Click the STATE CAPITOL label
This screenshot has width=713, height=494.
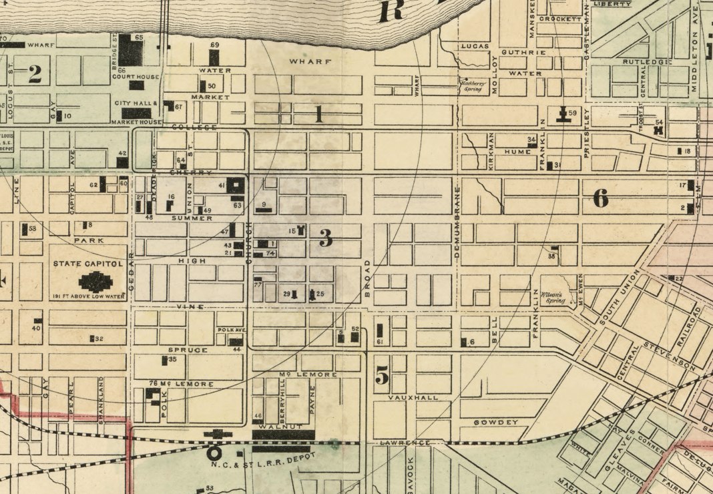pos(89,264)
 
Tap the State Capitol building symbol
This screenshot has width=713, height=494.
pos(95,281)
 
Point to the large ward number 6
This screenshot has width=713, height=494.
pos(600,198)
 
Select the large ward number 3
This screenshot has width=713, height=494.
pos(325,238)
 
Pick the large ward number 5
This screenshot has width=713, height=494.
pos(381,377)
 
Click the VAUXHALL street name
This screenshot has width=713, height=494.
pos(414,397)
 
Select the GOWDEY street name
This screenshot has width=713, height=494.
pos(496,423)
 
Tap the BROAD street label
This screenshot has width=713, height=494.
pos(367,278)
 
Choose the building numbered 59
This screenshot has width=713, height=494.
pos(564,114)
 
